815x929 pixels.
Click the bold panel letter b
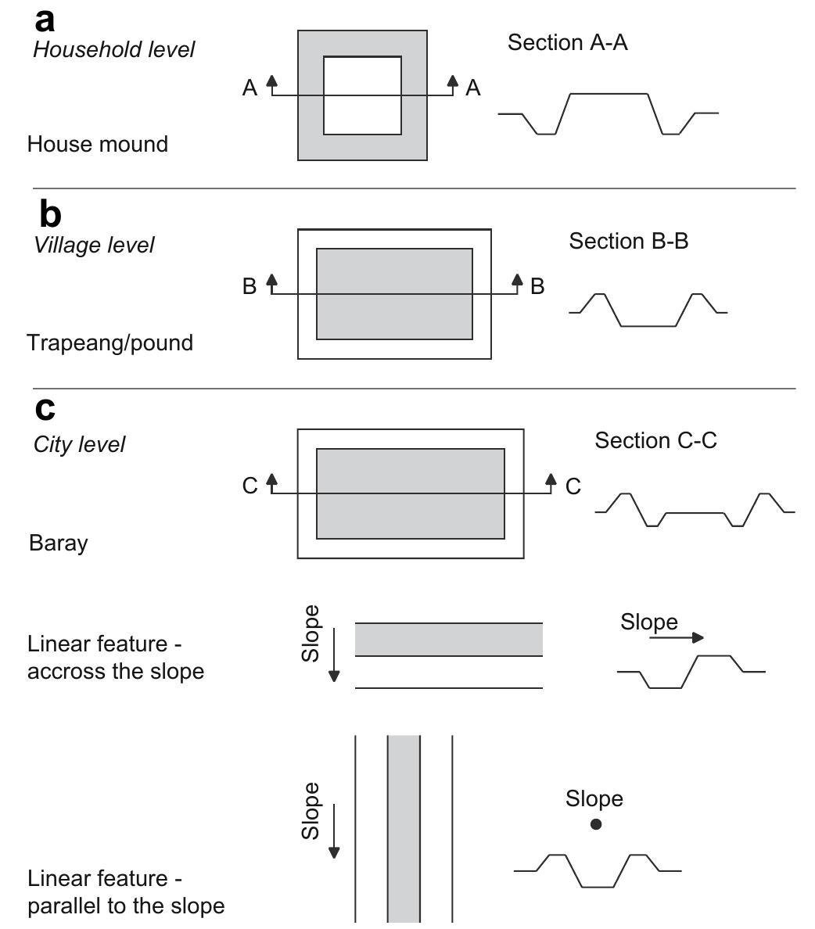(49, 214)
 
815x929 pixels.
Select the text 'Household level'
(113, 50)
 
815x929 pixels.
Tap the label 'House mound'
(97, 145)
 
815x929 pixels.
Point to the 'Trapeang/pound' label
(110, 343)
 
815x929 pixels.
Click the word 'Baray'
(58, 543)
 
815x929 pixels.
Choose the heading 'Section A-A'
(567, 43)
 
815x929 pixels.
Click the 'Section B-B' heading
(628, 242)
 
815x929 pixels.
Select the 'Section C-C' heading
(655, 441)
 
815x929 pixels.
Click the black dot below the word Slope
(596, 824)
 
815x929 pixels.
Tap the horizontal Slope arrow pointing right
(676, 638)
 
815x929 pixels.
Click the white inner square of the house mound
(362, 95)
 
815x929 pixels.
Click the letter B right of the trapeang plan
(537, 287)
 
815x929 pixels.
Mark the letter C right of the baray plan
(573, 487)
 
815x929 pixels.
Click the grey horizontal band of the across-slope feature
(448, 639)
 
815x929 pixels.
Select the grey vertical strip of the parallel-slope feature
(404, 829)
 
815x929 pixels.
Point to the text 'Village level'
(94, 246)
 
